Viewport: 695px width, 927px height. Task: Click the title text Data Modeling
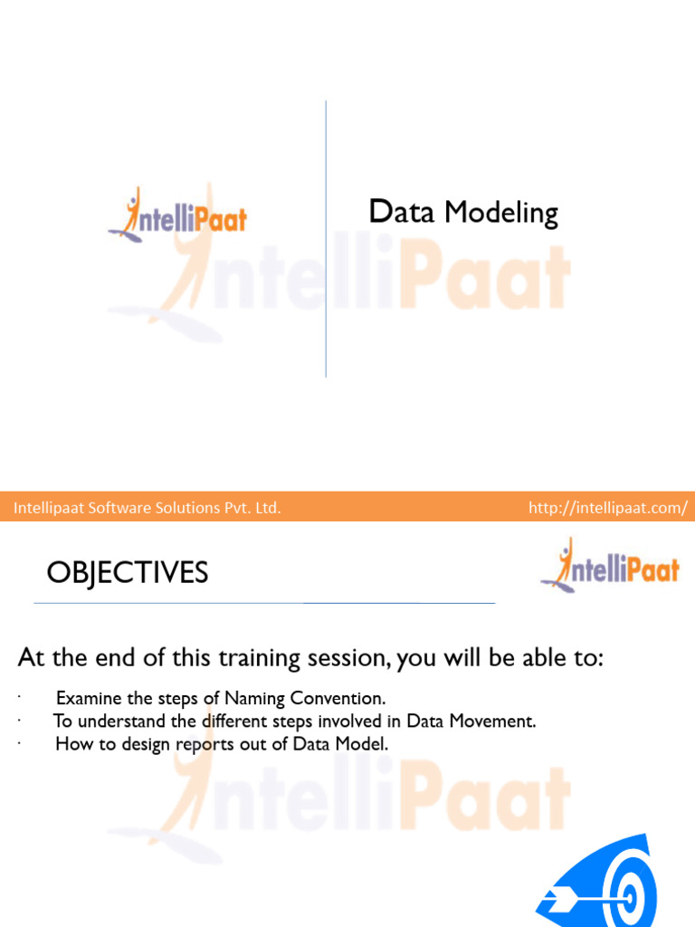point(463,213)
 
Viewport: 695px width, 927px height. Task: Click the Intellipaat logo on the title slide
point(177,215)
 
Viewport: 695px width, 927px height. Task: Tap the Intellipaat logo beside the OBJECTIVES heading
point(609,566)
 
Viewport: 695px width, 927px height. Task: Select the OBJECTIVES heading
point(128,572)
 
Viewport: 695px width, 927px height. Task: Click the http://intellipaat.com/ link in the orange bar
point(607,508)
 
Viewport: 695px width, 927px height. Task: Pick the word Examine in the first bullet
point(85,698)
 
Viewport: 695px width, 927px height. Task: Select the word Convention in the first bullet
point(343,698)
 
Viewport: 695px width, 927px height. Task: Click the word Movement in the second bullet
point(498,722)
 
